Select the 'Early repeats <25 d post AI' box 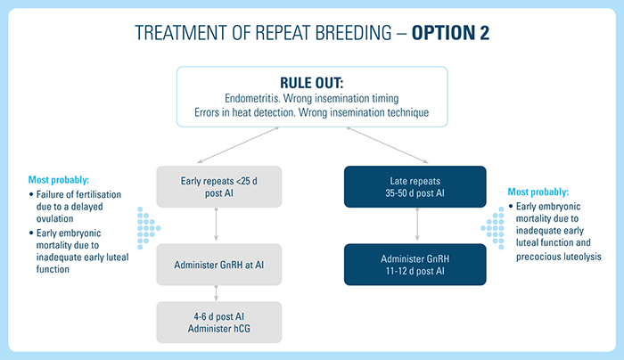tap(217, 189)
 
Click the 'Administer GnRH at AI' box tap(217, 265)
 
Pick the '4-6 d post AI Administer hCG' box tap(217, 323)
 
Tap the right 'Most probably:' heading tap(538, 192)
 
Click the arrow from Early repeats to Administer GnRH tap(217, 227)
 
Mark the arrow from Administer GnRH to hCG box tap(217, 291)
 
